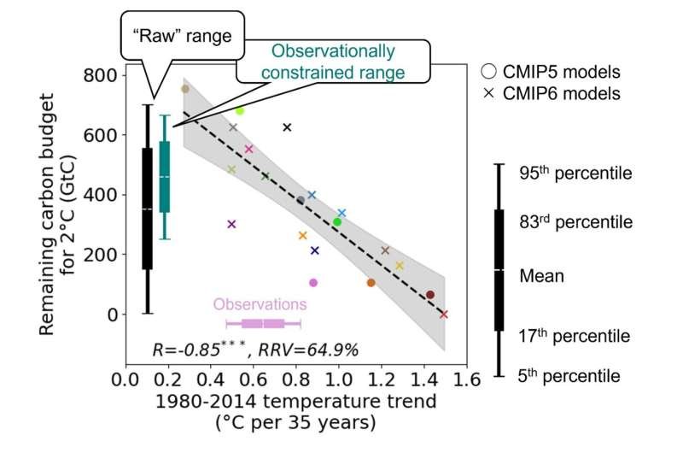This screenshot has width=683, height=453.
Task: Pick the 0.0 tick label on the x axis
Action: coord(126,379)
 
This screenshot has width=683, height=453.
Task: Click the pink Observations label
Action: coord(260,303)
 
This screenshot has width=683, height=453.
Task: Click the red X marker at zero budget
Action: coord(443,315)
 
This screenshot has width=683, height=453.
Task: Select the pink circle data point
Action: coord(313,283)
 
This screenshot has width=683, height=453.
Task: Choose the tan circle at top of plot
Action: coord(184,89)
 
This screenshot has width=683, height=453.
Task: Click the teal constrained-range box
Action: coord(165,176)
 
